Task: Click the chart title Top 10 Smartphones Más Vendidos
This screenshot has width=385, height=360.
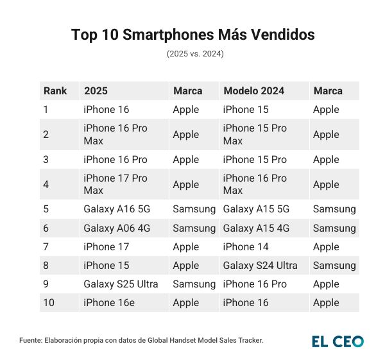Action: click(x=193, y=35)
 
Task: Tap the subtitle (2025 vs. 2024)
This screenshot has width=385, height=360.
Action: click(x=193, y=54)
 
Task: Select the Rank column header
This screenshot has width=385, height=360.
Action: click(x=55, y=91)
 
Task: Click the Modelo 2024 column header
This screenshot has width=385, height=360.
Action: click(x=253, y=91)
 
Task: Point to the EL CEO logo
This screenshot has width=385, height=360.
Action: click(x=338, y=341)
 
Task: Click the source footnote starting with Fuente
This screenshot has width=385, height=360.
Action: click(x=141, y=341)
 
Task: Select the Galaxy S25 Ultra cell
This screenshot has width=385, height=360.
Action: click(x=120, y=284)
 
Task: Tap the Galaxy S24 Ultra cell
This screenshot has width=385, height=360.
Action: click(x=260, y=265)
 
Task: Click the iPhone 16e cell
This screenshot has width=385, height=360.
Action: click(x=109, y=302)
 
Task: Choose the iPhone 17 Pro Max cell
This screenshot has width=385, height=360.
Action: click(x=116, y=184)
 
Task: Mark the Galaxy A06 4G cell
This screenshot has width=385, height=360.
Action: click(x=116, y=228)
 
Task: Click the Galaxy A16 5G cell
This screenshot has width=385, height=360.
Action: click(x=116, y=209)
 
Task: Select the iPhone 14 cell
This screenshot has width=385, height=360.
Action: click(x=246, y=246)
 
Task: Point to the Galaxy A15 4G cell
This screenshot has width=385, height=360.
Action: click(x=256, y=228)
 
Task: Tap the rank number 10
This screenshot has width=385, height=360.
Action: click(x=48, y=302)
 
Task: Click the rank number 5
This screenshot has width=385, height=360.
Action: click(x=46, y=209)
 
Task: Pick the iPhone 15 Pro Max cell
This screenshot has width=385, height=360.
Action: click(x=255, y=134)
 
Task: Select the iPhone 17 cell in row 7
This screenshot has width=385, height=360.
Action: click(x=107, y=246)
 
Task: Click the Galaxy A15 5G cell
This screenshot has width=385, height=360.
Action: click(x=256, y=209)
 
